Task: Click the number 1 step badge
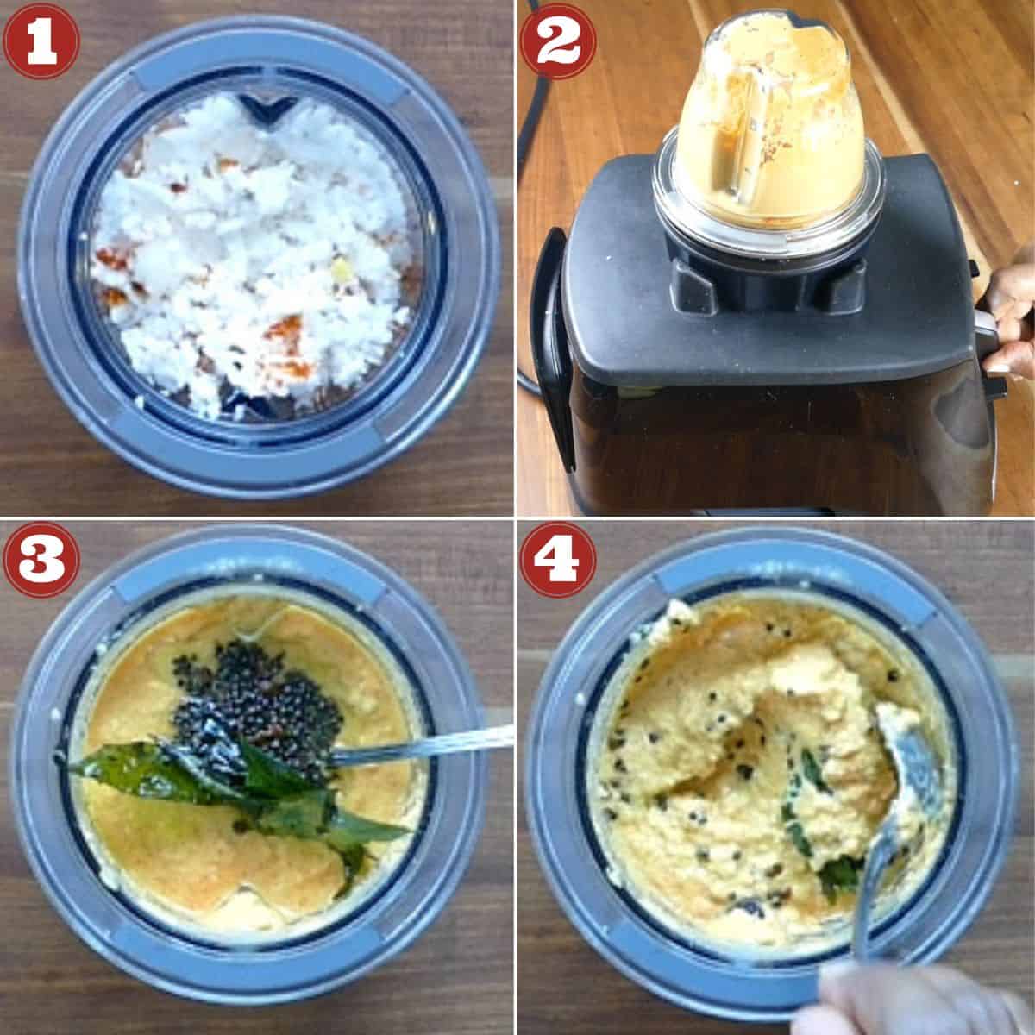[x=41, y=41]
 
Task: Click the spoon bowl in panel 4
[x=901, y=759]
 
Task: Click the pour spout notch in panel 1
[x=259, y=108]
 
